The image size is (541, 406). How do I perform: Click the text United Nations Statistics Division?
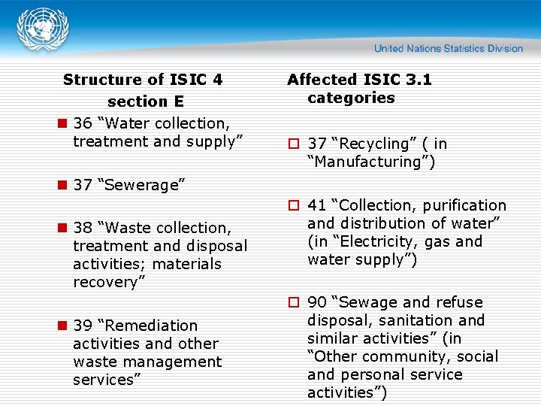tap(449, 49)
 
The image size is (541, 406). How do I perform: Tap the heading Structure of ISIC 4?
tap(143, 80)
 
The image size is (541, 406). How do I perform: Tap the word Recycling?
tap(374, 144)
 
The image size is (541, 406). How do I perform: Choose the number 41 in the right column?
tap(316, 205)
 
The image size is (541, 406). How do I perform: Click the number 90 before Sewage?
tap(316, 302)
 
